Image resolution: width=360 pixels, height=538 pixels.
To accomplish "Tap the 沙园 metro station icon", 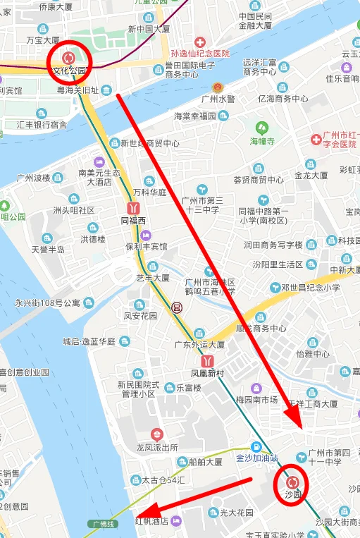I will click(292, 482).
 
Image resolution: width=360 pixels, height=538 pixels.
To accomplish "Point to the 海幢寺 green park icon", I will click(262, 128).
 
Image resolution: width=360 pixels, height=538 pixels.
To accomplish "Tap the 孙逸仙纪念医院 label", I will click(200, 54).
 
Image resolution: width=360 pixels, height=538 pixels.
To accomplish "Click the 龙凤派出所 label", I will click(157, 447).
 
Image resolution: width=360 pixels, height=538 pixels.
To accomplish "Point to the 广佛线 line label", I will click(104, 524).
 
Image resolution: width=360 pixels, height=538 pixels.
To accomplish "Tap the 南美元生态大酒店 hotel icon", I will click(99, 163).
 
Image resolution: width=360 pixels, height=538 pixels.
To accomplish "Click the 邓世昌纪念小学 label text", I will click(310, 288).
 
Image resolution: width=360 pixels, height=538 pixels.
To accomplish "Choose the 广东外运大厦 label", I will click(200, 345).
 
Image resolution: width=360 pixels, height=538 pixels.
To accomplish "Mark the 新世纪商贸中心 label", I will click(149, 143).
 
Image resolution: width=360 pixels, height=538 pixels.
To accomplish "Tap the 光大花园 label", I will click(236, 512).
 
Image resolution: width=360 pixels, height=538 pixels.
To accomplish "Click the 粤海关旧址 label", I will click(77, 90).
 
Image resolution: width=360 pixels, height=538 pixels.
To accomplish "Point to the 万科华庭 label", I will click(149, 192).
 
